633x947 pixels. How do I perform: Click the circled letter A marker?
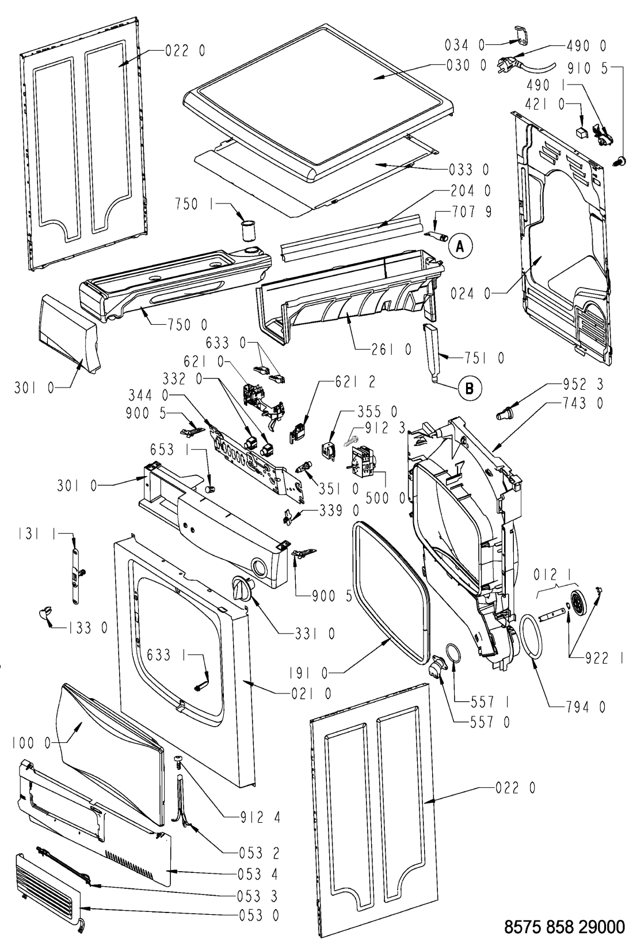(x=460, y=246)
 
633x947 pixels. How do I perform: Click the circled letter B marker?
(x=469, y=388)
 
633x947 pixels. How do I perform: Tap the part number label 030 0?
(x=466, y=65)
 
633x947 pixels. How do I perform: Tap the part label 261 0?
(x=392, y=349)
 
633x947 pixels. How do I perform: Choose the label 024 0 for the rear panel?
(x=471, y=293)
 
